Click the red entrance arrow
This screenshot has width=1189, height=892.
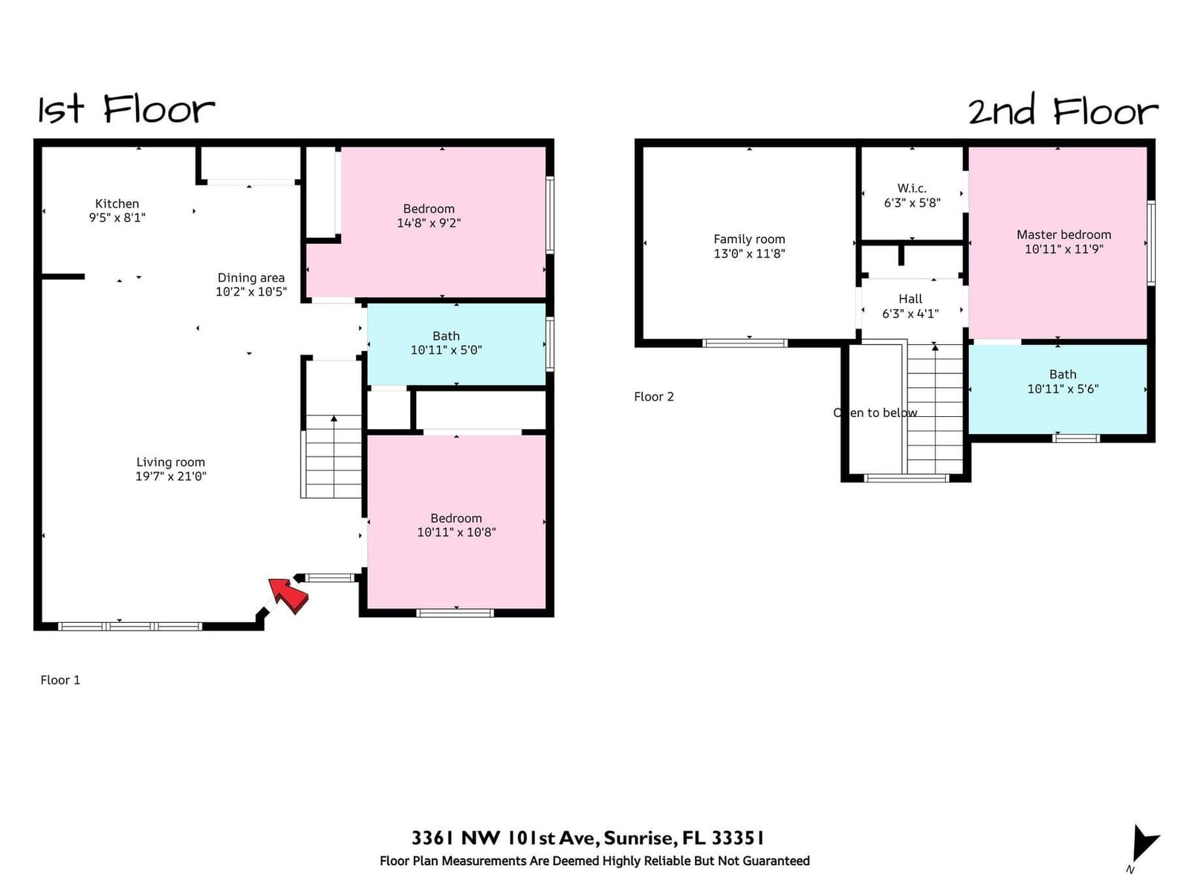point(289,595)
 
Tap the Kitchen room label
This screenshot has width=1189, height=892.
point(117,204)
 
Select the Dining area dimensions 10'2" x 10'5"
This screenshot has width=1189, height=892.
point(251,292)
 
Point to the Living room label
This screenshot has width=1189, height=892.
point(171,462)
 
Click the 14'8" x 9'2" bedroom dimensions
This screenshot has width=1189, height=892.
point(429,223)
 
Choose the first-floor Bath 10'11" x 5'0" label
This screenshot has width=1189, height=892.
point(447,343)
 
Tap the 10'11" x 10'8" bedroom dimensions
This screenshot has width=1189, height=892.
point(456,532)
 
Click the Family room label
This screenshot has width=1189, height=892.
point(749,239)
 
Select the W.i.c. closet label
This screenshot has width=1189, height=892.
point(913,189)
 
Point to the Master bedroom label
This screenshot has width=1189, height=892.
point(1064,235)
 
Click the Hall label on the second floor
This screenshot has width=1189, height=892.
point(910,299)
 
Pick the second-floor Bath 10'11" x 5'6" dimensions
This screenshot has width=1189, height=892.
point(1063,389)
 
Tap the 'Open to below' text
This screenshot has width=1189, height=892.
point(875,413)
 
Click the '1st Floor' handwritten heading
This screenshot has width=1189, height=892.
point(126,109)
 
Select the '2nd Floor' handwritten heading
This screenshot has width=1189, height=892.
point(1063,110)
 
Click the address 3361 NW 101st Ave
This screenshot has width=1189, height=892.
point(505,838)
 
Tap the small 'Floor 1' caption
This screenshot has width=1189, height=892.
point(60,680)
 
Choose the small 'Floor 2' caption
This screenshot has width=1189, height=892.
point(654,397)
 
